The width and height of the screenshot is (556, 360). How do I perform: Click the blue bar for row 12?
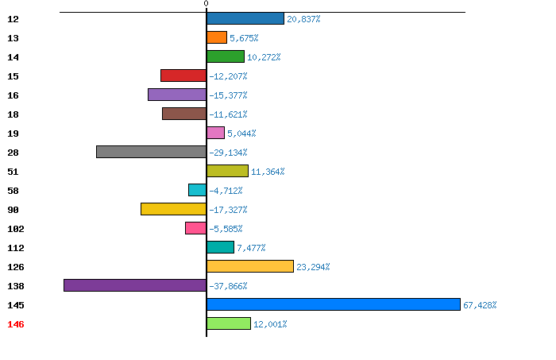(x=245, y=18)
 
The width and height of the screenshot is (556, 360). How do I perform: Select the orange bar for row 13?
(x=217, y=37)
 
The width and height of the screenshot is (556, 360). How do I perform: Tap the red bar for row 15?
(x=183, y=75)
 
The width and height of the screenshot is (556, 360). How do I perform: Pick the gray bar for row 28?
(x=152, y=152)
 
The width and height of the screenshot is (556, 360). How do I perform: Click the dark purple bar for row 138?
(x=135, y=285)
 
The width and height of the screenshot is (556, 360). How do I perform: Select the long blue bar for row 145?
(x=334, y=304)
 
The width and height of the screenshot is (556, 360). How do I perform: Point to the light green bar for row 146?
(x=229, y=323)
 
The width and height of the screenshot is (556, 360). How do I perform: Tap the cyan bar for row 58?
(x=197, y=190)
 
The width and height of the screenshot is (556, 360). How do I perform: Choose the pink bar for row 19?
(x=215, y=133)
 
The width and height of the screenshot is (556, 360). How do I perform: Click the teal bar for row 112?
(x=220, y=247)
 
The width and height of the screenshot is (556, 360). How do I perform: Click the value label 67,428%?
(x=480, y=305)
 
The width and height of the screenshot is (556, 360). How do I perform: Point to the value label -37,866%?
(x=228, y=286)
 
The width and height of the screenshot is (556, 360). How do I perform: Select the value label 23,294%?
(x=313, y=267)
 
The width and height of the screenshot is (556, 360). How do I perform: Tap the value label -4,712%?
(x=226, y=191)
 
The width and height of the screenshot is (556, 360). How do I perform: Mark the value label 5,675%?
(x=244, y=38)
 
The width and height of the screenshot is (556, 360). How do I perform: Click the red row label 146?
(x=16, y=324)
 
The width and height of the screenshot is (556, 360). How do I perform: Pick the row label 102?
(x=16, y=229)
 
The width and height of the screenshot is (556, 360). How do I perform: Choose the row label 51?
(x=14, y=172)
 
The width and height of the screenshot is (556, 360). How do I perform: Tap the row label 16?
(x=14, y=95)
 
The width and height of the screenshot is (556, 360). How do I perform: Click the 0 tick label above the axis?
(x=206, y=3)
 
